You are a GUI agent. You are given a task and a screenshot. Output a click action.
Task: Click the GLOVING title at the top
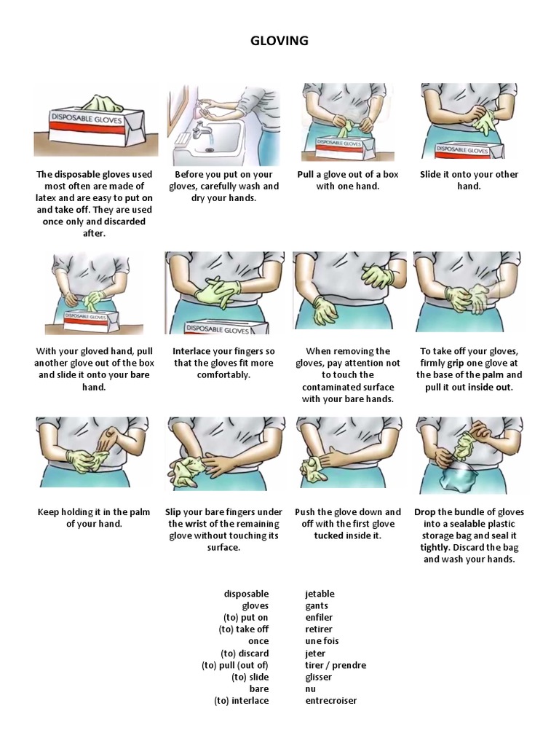[x=279, y=41]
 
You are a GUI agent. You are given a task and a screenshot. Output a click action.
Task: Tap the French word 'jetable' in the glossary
[x=320, y=594]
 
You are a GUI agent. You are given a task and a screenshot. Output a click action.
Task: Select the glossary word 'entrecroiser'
[x=331, y=701]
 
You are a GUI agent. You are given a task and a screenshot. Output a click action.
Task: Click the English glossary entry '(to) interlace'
[x=241, y=701]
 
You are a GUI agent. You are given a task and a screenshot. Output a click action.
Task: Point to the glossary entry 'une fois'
[x=322, y=641]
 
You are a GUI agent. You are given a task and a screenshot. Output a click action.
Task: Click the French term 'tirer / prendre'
[x=336, y=665]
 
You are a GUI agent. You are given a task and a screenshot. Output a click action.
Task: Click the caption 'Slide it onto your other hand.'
[x=469, y=180]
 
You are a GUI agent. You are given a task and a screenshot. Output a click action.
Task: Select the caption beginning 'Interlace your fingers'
[x=223, y=363]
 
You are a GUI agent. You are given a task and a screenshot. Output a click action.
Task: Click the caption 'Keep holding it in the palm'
[x=94, y=517]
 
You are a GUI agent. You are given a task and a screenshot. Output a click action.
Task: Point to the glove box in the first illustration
[x=95, y=125]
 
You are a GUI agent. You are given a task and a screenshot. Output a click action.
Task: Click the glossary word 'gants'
[x=317, y=605]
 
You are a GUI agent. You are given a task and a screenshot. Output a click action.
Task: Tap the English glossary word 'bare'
[x=258, y=688]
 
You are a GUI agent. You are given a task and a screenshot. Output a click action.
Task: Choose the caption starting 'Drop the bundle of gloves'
[x=469, y=535]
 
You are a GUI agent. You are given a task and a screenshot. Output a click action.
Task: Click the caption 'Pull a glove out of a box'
[x=348, y=180]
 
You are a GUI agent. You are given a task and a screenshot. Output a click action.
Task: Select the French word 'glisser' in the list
[x=319, y=677]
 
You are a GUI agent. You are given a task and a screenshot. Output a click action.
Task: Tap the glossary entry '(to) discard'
[x=245, y=653]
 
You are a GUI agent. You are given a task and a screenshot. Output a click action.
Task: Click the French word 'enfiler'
[x=319, y=618]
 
